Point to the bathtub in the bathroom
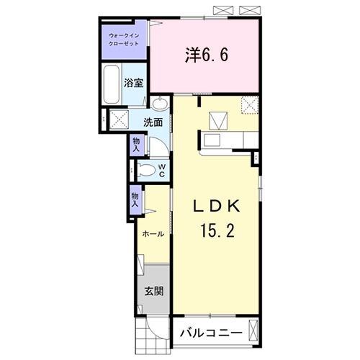tap(112, 85)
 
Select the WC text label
tap(162, 170)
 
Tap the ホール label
tap(152, 235)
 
